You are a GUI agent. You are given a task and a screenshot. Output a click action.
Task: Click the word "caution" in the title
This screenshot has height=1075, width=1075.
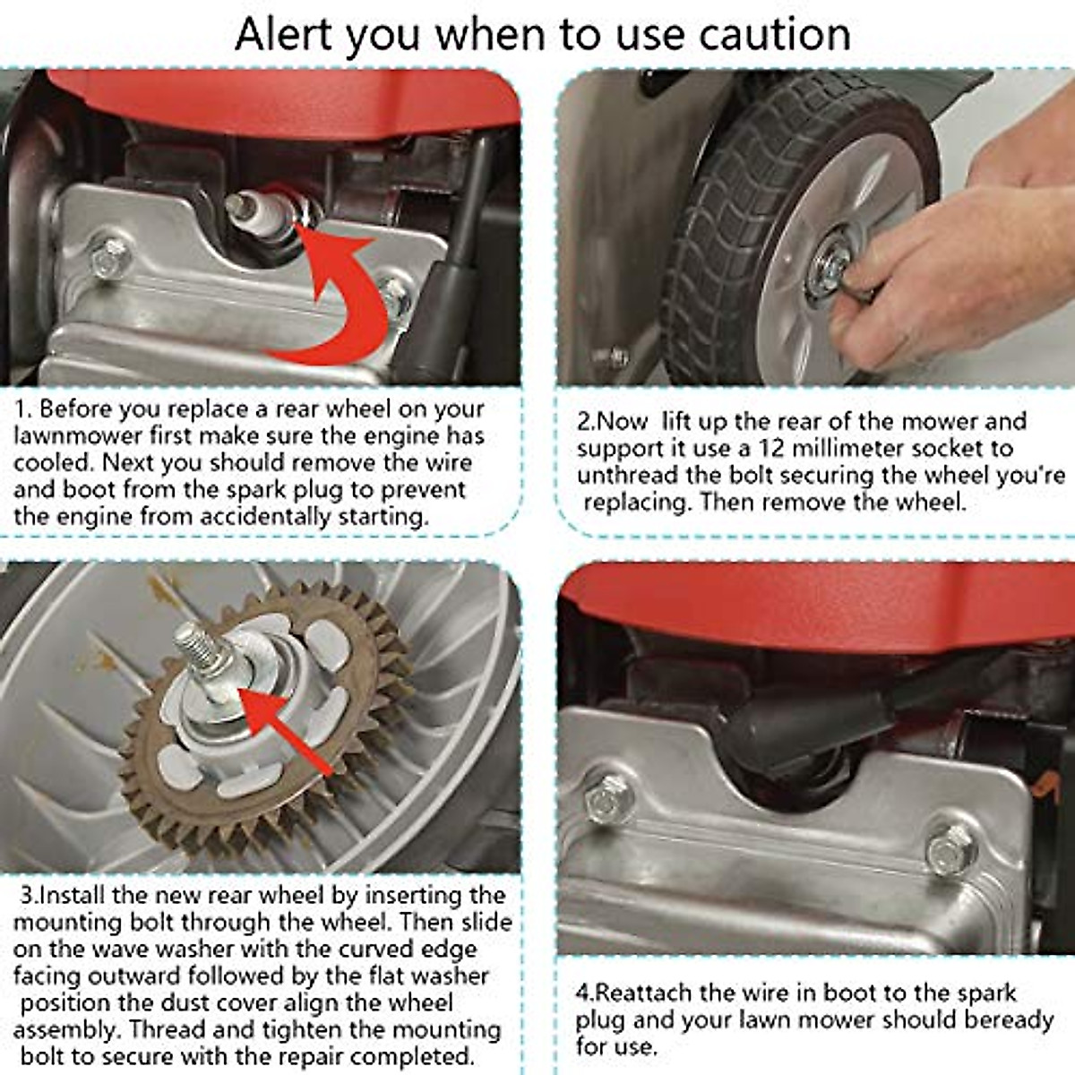(775, 35)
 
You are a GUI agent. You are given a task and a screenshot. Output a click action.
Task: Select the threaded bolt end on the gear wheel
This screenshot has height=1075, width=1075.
(195, 646)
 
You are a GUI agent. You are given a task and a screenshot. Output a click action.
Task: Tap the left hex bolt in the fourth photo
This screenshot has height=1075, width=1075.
(610, 799)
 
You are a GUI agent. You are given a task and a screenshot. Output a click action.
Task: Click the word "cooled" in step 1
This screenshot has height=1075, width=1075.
(52, 462)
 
